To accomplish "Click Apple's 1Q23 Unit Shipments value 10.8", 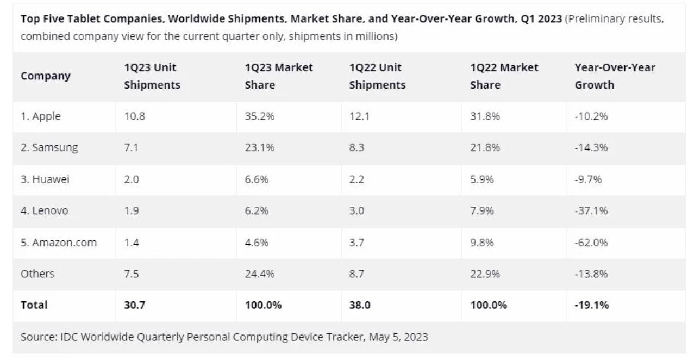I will coord(134,116).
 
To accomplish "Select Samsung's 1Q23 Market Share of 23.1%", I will coord(257,147).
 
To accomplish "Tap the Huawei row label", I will coord(45,179).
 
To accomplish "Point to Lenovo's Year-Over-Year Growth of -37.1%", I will coord(592,210).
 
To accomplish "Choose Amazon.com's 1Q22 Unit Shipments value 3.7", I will coord(357,243).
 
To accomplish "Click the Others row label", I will coord(37,274).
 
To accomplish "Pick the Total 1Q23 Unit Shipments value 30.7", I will coord(135,305).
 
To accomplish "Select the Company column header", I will coord(46,76).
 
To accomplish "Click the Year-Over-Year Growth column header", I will coord(615,76).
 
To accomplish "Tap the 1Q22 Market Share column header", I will coord(504,76).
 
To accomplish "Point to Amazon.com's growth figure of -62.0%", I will coord(592,243).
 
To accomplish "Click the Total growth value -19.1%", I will coord(592,305).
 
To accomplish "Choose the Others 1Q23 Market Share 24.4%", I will coord(257,274).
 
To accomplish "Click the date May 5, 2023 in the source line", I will coord(398,337).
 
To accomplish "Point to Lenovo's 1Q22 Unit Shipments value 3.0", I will coord(357,210).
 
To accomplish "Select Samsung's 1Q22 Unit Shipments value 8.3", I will coord(357,147).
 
